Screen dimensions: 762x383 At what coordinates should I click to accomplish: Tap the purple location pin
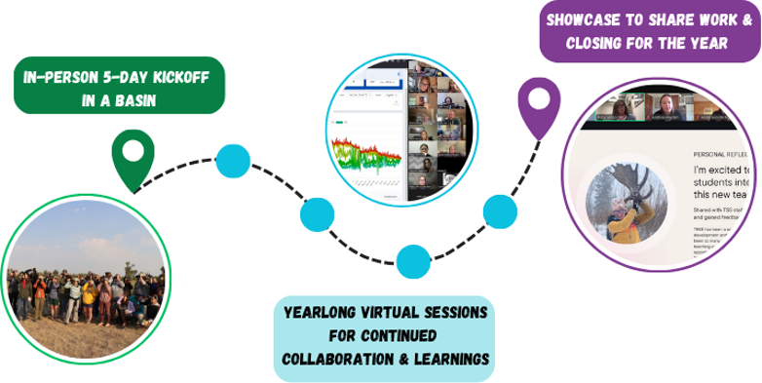tap(535, 103)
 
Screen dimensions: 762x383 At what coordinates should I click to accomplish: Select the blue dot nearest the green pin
tap(232, 160)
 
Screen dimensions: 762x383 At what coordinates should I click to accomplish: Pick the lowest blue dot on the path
tap(412, 260)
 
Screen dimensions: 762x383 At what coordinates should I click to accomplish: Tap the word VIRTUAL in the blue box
tap(409, 314)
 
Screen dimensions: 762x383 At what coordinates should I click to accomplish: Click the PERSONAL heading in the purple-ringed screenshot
tap(712, 154)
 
